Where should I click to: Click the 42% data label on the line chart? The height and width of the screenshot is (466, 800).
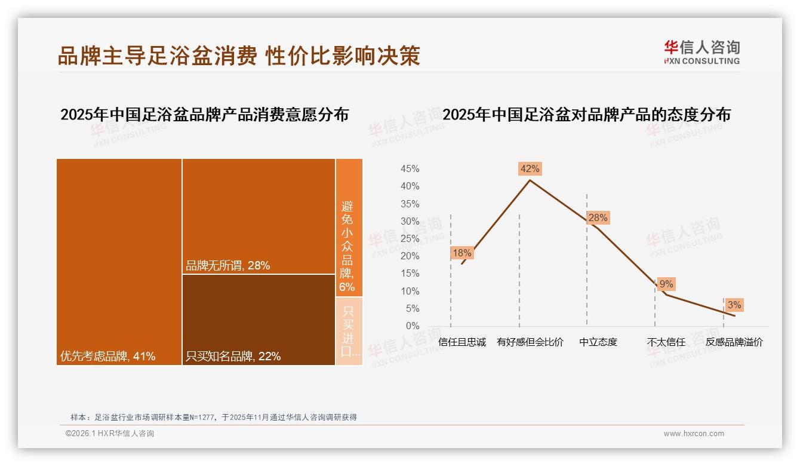[x=530, y=169]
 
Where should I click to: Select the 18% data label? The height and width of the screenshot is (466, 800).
[x=461, y=253]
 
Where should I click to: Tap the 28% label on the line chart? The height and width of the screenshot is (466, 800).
[x=598, y=218]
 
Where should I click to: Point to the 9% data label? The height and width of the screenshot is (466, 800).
[x=666, y=284]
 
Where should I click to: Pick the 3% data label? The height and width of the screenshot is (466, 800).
[x=734, y=305]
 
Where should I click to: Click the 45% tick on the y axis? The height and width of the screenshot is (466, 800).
[x=410, y=169]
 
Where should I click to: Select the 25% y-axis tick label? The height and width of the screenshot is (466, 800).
[x=410, y=239]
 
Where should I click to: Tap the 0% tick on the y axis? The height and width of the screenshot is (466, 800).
[x=413, y=326]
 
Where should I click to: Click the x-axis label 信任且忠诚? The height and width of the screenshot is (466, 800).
[x=461, y=342]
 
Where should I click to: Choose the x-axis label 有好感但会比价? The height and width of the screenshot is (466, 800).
[x=530, y=342]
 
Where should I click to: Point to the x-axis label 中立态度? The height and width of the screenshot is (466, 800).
[x=598, y=342]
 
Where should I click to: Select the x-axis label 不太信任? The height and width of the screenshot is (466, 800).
[x=666, y=342]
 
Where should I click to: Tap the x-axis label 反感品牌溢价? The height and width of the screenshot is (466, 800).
[x=734, y=342]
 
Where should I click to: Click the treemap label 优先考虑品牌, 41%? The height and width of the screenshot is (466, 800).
[x=107, y=357]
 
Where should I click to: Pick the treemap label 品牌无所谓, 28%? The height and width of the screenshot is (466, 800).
[x=227, y=266]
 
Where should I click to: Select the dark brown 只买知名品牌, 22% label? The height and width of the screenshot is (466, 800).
[x=233, y=357]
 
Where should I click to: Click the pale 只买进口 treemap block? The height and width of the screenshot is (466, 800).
[x=349, y=331]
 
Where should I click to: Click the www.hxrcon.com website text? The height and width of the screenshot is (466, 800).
[x=694, y=434]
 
